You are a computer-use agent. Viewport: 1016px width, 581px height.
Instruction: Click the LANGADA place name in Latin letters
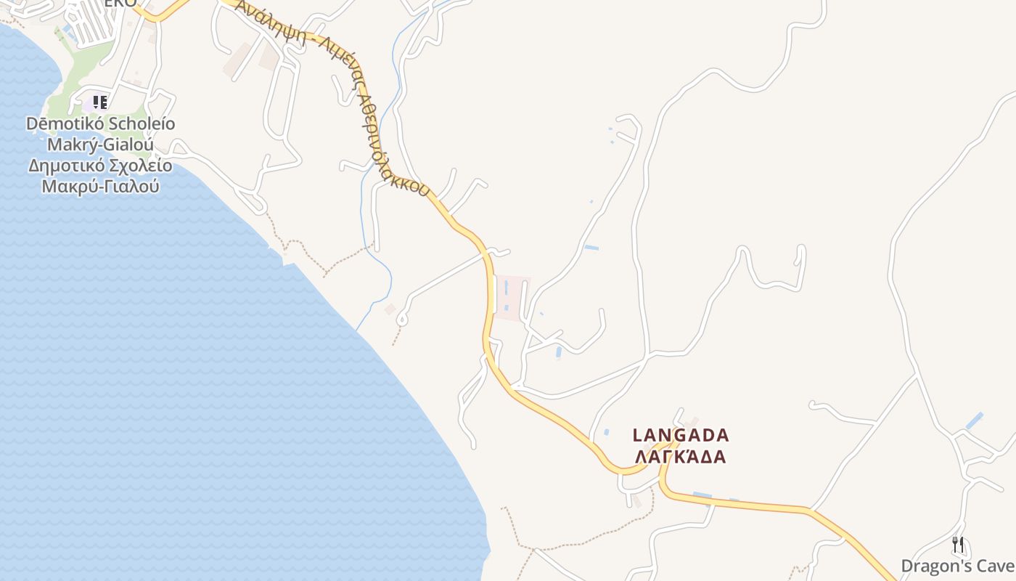pos(681,435)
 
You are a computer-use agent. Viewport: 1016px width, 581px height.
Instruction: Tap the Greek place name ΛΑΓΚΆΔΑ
pos(681,457)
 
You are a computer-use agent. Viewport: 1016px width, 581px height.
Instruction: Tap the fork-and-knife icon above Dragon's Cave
pos(958,544)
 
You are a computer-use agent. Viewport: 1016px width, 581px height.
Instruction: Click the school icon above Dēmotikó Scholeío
pos(99,102)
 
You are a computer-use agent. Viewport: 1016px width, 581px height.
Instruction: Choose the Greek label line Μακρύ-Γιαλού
pos(100,187)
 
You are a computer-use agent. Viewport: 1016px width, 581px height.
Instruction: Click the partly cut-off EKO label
pos(120,4)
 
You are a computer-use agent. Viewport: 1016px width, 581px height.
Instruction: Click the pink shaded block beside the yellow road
pos(512,297)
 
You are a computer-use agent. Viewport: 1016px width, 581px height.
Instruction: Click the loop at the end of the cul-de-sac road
pos(401,319)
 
